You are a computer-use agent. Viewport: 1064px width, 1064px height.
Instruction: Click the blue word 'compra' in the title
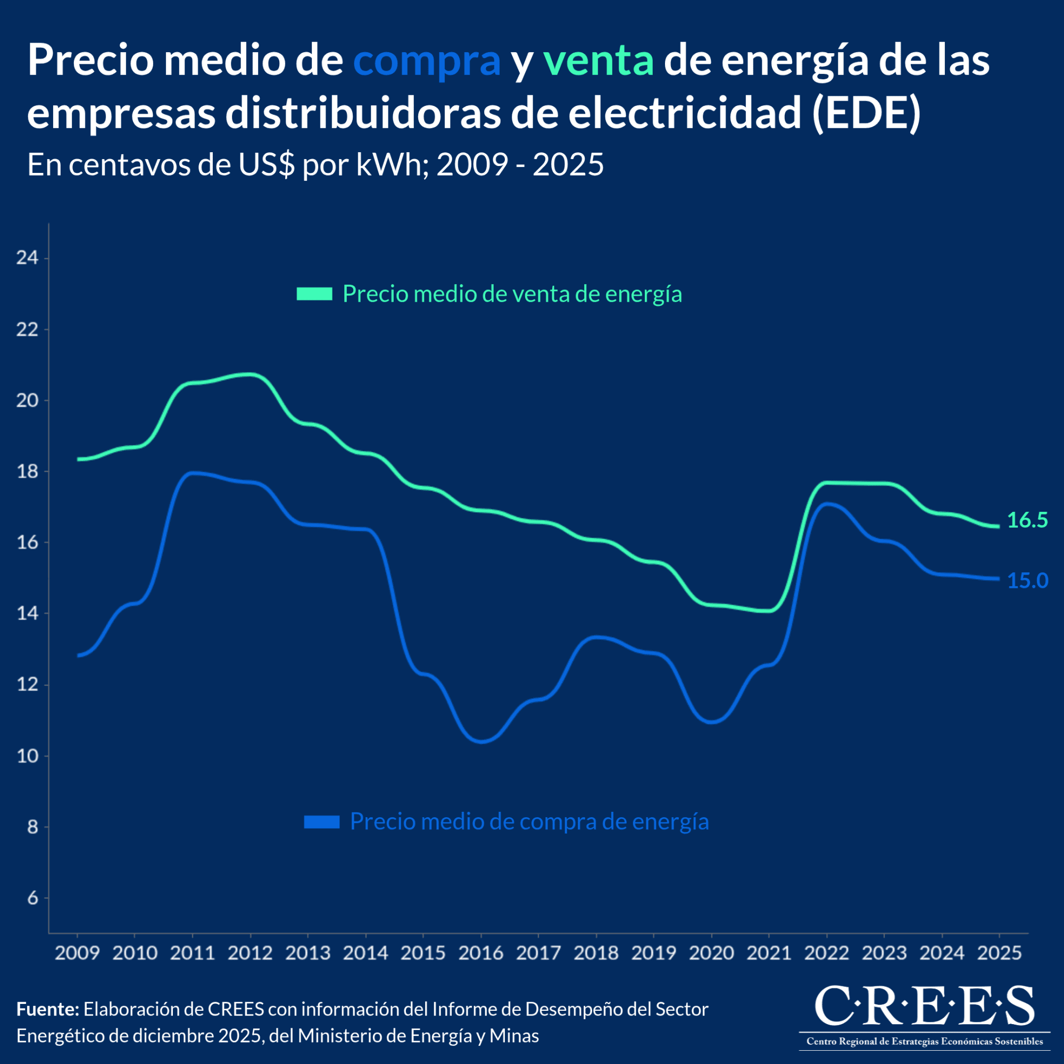coord(426,62)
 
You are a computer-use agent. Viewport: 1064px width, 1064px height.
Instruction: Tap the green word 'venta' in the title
coord(598,62)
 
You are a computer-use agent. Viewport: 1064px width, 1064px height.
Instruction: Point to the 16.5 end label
coord(1027,520)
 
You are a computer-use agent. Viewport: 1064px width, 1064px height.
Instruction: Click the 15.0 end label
coord(1027,580)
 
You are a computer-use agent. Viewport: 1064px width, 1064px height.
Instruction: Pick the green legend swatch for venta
coord(314,294)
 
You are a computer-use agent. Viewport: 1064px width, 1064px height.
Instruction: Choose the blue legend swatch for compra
coord(322,822)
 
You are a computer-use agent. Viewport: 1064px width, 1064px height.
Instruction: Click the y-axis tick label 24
coord(27,257)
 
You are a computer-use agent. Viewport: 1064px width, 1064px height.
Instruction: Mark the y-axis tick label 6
coord(32,898)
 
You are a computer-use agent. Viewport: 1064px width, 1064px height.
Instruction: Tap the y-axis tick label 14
coord(27,613)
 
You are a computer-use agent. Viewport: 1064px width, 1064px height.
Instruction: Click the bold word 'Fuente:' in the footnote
coord(48,1009)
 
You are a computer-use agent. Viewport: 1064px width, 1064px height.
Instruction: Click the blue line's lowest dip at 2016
coord(482,741)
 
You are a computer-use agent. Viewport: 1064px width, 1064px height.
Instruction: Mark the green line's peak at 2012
coord(251,375)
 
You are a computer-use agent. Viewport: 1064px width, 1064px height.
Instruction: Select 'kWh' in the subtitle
coord(388,165)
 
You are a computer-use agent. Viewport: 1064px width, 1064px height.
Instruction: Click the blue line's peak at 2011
coord(193,472)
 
